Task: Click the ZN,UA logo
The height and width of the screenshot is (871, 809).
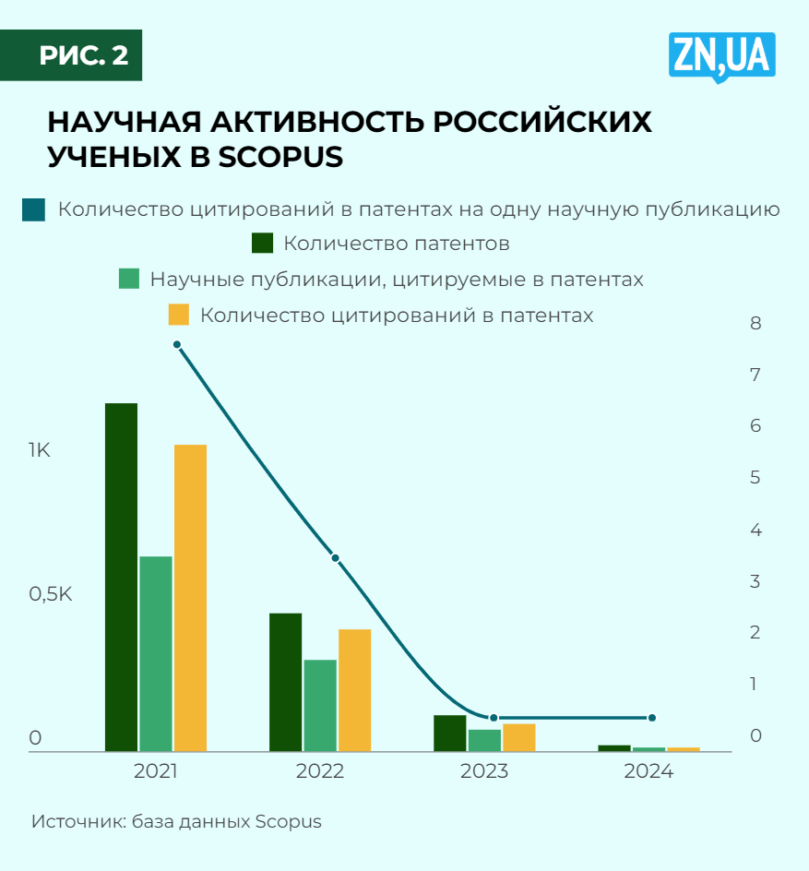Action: click(x=722, y=57)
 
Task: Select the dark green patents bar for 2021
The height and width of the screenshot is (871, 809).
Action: click(x=121, y=577)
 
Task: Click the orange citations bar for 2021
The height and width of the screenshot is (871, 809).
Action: click(x=190, y=597)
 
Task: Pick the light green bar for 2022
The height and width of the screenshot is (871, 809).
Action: click(x=320, y=705)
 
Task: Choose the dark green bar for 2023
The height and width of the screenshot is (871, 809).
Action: click(x=450, y=733)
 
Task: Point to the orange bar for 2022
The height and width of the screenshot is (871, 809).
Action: click(x=354, y=689)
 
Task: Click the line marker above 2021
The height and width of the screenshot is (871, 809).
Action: click(x=177, y=345)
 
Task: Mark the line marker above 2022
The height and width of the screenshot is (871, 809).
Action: click(x=336, y=558)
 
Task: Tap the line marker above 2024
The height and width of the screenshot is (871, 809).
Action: click(x=651, y=718)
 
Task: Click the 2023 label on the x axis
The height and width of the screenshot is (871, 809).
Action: click(x=483, y=771)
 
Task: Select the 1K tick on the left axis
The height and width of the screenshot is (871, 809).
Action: click(x=40, y=451)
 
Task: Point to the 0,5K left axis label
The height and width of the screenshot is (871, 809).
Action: click(x=50, y=594)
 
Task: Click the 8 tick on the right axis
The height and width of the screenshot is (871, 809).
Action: click(x=755, y=323)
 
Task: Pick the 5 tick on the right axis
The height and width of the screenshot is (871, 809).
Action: click(x=755, y=478)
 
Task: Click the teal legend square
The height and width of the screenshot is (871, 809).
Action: click(x=34, y=209)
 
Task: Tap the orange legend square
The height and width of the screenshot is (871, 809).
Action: click(x=178, y=315)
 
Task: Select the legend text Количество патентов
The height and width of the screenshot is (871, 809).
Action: click(x=397, y=245)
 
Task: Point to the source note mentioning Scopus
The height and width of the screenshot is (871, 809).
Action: click(x=176, y=821)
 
